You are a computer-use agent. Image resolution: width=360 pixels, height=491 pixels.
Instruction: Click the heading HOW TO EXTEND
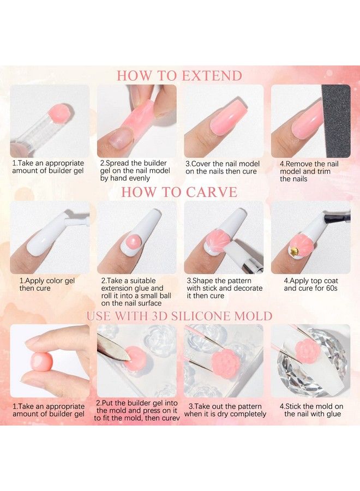click(x=179, y=75)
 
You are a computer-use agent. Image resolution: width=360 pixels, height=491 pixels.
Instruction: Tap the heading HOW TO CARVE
click(x=179, y=192)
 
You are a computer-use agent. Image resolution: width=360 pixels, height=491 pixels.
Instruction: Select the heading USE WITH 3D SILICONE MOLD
click(x=179, y=316)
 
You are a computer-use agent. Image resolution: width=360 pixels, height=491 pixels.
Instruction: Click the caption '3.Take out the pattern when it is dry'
click(x=224, y=410)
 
